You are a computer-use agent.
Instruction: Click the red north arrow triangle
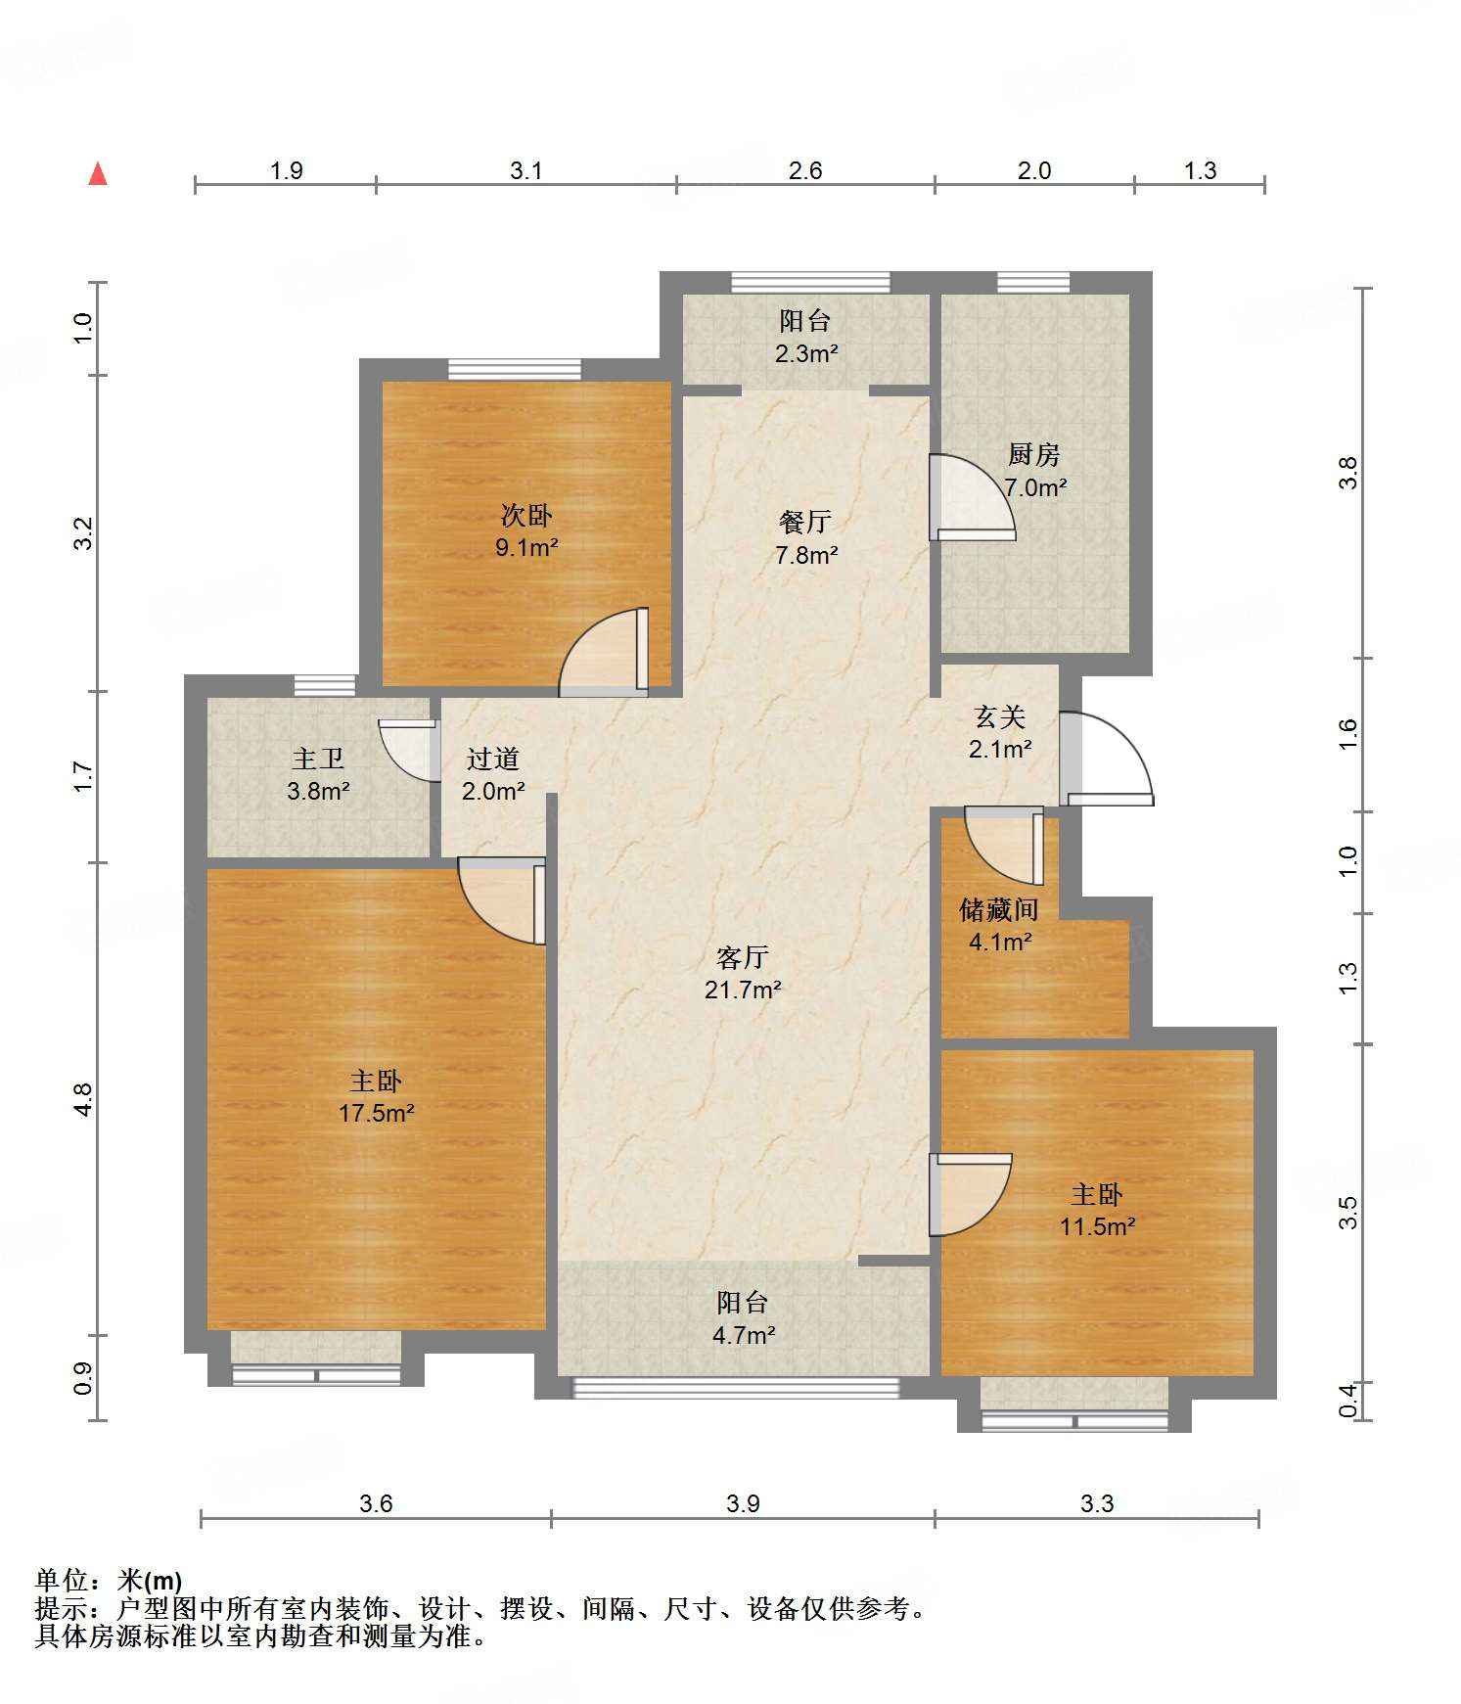coord(98,174)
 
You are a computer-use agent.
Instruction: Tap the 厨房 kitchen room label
coord(1033,454)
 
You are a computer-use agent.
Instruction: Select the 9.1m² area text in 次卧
coord(525,548)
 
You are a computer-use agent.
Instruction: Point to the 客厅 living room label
coord(742,956)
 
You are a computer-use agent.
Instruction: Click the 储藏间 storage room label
coord(998,910)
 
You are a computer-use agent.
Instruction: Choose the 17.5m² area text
coord(376,1113)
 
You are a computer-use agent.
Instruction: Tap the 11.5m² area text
coord(1097,1226)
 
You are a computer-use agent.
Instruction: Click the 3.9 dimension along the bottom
coord(743,1503)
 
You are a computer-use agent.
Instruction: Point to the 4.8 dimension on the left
coord(83,1099)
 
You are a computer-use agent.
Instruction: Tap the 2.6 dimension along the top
coord(804,170)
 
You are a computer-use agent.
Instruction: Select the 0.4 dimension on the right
coord(1348,1400)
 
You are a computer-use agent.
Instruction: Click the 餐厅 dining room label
coord(804,522)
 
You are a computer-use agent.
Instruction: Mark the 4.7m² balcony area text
coord(744,1335)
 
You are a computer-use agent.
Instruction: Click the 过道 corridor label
coord(492,759)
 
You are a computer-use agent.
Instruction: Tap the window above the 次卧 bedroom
coord(515,370)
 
